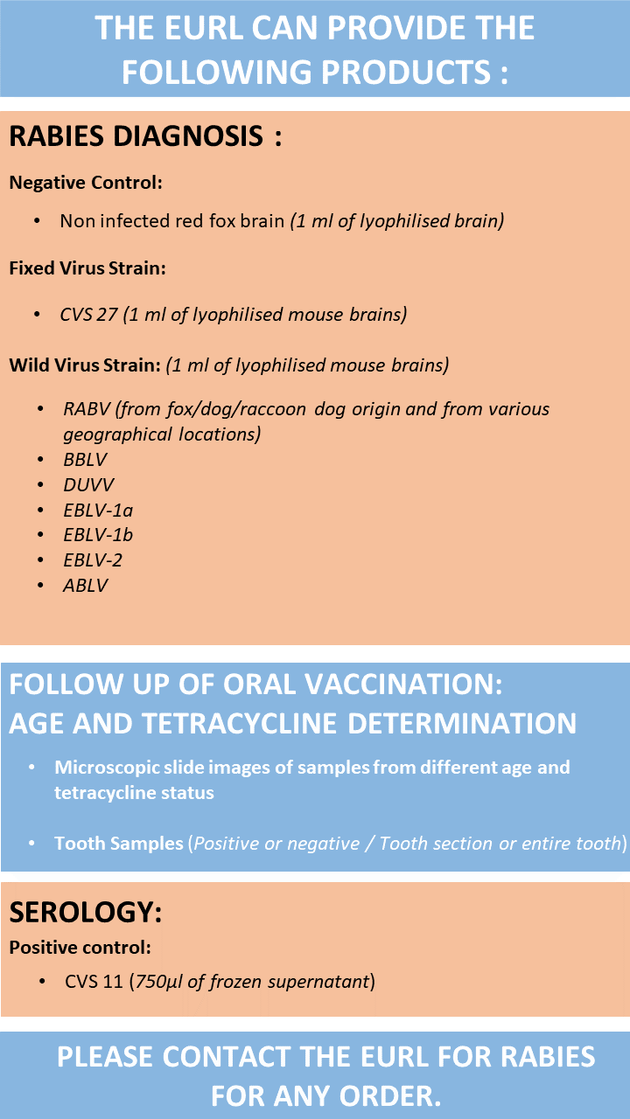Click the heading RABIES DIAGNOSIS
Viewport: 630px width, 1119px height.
(x=136, y=136)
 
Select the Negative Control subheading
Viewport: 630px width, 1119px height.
(x=86, y=183)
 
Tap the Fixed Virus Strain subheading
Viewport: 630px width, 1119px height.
(x=87, y=268)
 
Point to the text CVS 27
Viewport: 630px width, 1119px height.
(x=88, y=314)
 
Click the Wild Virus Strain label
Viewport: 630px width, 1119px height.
(x=85, y=365)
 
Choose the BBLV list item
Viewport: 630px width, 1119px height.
(x=85, y=459)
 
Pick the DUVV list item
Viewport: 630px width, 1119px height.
(x=88, y=484)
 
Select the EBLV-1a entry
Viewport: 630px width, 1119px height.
(x=98, y=510)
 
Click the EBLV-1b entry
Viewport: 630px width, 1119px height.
(x=98, y=535)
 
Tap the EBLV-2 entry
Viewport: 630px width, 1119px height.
(x=93, y=560)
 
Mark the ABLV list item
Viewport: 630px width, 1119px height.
(x=86, y=585)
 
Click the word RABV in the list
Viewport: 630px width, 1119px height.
(x=87, y=409)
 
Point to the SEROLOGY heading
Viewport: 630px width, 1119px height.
(x=86, y=912)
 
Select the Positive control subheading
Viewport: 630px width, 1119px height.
(x=80, y=947)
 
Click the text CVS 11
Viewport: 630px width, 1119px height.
(x=94, y=982)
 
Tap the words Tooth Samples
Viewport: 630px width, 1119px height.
(x=119, y=844)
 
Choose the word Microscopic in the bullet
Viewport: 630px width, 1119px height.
(x=107, y=768)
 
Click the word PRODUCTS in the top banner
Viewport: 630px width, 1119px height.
(x=405, y=72)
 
